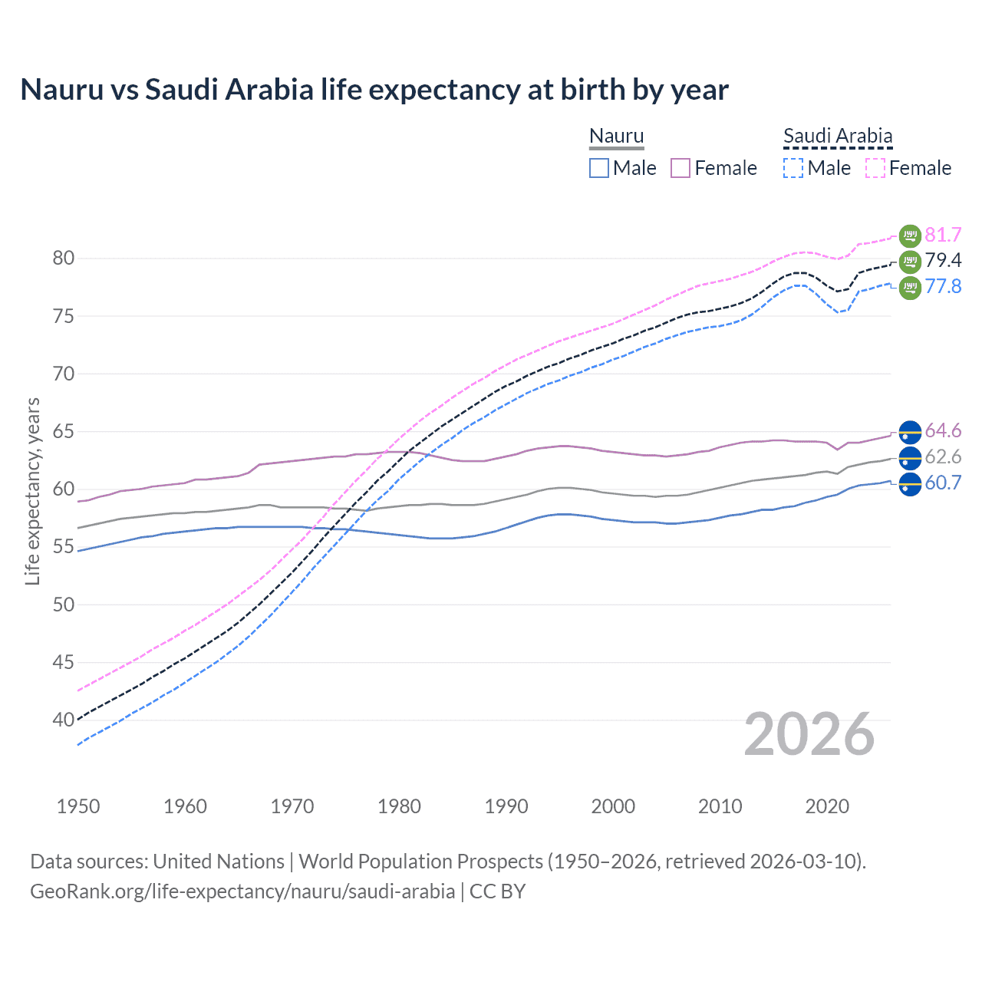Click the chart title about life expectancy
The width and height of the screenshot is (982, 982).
pos(374,90)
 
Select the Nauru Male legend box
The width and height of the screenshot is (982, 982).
pos(599,168)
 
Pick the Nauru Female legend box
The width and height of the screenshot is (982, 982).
pos(680,168)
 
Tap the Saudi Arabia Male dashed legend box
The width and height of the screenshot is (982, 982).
pos(793,168)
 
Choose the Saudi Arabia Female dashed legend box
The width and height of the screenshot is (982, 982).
pos(875,168)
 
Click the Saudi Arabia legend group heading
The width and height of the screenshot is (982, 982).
pos(838,136)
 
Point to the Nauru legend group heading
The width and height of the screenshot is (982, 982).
pos(616,136)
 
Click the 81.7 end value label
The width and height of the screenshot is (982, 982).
pos(943,235)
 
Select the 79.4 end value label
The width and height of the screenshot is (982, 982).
pos(943,261)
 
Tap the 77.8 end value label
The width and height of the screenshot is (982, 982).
pos(943,287)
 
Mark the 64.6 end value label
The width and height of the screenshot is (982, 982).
pos(943,430)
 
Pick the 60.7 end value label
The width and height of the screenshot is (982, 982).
pos(943,483)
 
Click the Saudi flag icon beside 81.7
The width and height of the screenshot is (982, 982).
pos(910,236)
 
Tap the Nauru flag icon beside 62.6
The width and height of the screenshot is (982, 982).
pos(910,458)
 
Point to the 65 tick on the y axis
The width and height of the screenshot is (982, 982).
pos(64,432)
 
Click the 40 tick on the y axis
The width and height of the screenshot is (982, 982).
pos(64,720)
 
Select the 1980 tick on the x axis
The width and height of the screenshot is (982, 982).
pos(400,806)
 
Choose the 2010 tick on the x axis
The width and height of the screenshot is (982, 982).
pos(720,806)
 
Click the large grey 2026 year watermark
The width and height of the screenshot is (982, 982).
pos(809,735)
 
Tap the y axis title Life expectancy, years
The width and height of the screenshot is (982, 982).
pos(32,491)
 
